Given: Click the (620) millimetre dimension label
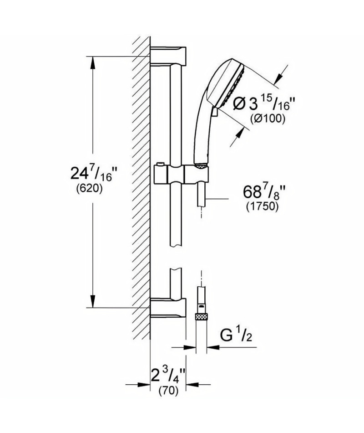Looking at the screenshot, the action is [89, 189].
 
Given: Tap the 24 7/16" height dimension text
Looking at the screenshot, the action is [92, 173].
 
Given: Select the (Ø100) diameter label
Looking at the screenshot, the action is [267, 118].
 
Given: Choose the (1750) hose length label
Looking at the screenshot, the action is [262, 206].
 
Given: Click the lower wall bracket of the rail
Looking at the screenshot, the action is [168, 308].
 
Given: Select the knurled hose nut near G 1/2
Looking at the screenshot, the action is [201, 317].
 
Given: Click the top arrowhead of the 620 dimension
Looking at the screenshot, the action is [93, 63].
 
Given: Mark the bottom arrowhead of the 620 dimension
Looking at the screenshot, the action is [93, 301].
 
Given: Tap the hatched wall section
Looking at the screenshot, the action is [141, 188].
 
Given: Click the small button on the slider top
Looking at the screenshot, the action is [160, 165].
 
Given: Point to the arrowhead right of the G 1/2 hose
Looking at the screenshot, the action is [213, 347].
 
